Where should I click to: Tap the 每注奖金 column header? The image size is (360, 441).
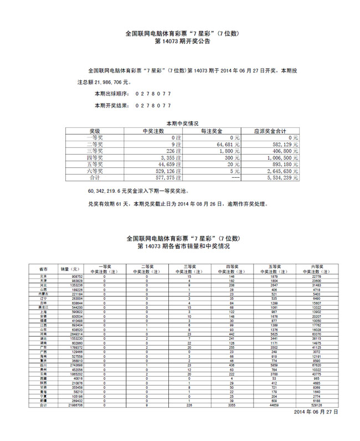pyautogui.click(x=211, y=131)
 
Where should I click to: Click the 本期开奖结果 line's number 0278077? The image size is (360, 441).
pyautogui.click(x=153, y=105)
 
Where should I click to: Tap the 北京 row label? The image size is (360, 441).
pyautogui.click(x=44, y=276)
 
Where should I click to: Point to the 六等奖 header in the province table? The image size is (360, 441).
pyautogui.click(x=316, y=266)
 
